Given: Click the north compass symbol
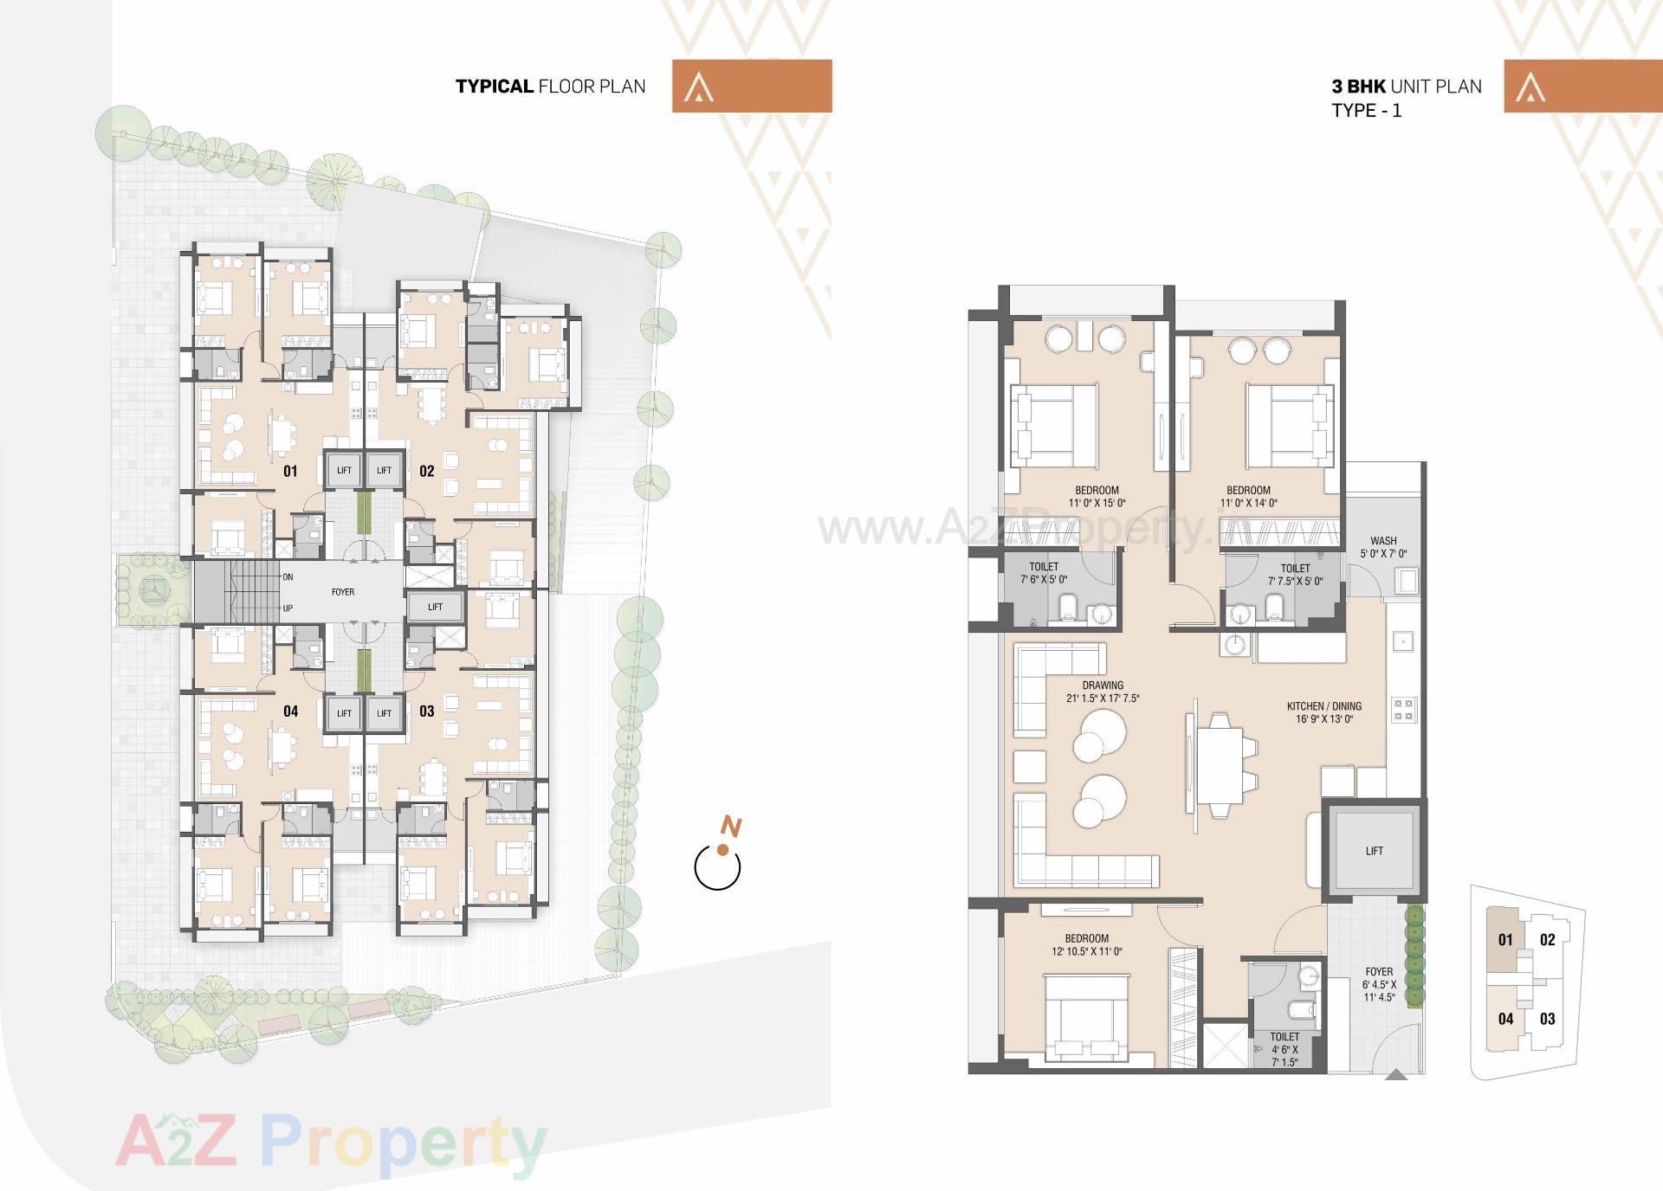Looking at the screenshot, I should point(718,865).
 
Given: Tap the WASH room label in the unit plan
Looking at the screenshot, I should point(1383,541).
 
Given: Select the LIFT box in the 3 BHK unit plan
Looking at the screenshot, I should point(1374,851).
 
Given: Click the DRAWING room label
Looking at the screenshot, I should point(1103,686).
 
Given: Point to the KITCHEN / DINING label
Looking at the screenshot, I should point(1323,706).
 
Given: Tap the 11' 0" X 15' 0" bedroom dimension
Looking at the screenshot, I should point(1097,503).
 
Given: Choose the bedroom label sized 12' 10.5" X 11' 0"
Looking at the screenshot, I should point(1086,944).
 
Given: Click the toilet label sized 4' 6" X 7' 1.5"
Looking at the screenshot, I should point(1284,1049).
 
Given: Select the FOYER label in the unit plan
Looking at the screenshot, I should point(1379,972).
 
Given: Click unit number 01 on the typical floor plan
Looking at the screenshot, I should point(290,471).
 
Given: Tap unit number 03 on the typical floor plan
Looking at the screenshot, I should point(426,711).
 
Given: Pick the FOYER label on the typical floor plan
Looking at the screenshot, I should point(343,592).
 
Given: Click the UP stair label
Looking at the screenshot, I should point(288,608).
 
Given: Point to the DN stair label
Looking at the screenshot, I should point(288,576).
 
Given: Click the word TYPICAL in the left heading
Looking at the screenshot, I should point(494,87).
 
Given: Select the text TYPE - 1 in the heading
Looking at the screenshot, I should point(1366,111).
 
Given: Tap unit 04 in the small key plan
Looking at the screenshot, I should point(1505,1019).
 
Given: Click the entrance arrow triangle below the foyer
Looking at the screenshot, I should point(1396,1075).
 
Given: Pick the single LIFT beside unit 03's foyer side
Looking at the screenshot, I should point(435,607).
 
